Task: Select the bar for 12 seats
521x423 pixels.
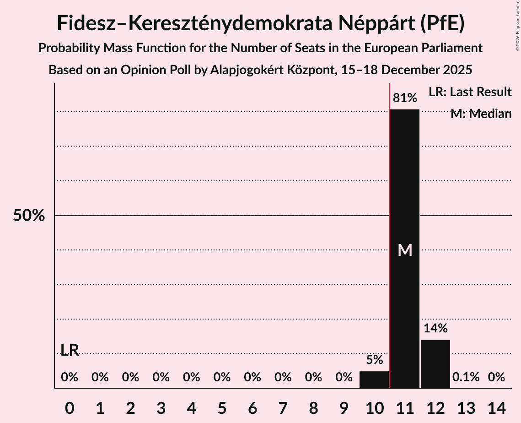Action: tap(435, 364)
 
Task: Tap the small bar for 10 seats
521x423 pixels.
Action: tap(374, 380)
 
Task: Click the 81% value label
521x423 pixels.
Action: tap(405, 98)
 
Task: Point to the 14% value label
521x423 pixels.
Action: tap(435, 328)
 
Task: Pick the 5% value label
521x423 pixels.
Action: tap(374, 360)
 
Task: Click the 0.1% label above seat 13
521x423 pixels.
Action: tap(466, 377)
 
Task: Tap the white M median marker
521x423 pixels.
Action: tap(405, 250)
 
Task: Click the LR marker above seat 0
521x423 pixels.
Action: tap(70, 350)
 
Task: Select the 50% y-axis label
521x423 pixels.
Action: tap(29, 216)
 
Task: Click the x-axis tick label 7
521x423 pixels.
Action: tap(283, 407)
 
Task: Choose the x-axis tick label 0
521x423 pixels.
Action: tap(70, 407)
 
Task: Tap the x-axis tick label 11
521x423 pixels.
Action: tap(405, 407)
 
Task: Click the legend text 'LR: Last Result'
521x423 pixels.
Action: tap(470, 92)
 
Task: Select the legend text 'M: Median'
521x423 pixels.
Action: tap(481, 114)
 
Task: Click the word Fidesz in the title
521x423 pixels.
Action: tap(86, 23)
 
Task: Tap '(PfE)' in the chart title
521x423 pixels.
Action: tap(442, 23)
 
